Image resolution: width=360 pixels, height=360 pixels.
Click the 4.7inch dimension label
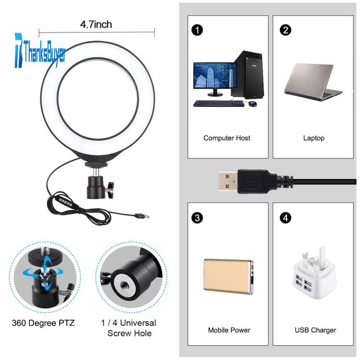coord(96,24)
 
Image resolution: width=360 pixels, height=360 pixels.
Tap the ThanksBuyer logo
coord(40,51)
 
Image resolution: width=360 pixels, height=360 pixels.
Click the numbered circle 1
coord(197,30)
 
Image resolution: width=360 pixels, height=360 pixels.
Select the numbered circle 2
coord(286,30)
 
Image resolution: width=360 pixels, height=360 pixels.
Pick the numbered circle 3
coord(197,217)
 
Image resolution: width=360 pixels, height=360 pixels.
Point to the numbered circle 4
coord(286,217)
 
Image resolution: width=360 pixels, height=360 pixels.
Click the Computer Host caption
coord(227,138)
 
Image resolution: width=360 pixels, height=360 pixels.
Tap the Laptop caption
coord(313,138)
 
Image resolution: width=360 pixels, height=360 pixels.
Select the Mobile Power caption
coord(229,330)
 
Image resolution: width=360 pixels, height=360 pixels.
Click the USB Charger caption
coord(315,330)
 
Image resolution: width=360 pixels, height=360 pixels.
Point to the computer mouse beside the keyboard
coord(252,104)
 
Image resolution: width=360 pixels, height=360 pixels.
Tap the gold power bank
coord(228,277)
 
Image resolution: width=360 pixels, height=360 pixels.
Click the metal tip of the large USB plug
coord(228,181)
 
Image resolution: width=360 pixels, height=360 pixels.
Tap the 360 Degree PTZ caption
coord(43,323)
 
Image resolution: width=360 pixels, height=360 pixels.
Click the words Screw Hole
coord(130,333)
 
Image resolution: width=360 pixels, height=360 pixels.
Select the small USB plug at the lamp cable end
coord(142,216)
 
